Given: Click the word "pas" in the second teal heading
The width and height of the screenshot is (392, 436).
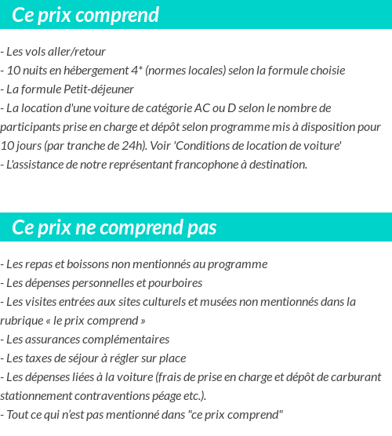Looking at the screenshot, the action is click(201, 227).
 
